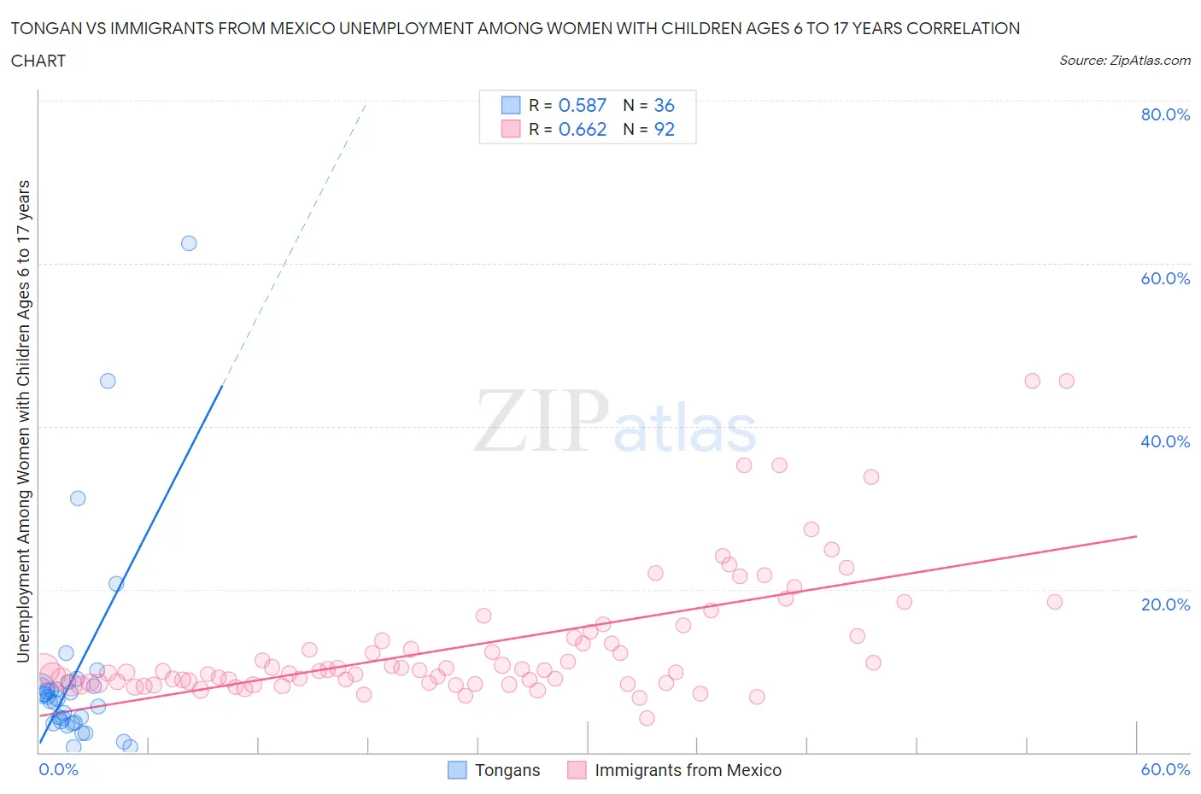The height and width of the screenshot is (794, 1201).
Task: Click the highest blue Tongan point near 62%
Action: [189, 243]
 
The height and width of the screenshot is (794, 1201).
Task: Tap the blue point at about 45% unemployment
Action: [108, 381]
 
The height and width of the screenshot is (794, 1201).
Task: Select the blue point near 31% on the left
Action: [78, 499]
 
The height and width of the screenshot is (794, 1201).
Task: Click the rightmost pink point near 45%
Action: [1066, 381]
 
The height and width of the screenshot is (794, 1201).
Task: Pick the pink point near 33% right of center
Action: [871, 477]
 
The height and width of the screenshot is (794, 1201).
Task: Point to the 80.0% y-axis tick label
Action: [1165, 115]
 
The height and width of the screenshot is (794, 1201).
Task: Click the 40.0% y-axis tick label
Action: [1165, 441]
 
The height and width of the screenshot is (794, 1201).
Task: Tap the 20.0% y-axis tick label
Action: [1165, 604]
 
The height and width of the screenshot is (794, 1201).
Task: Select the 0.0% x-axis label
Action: [58, 769]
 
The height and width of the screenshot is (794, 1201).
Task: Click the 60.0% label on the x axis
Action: [1165, 769]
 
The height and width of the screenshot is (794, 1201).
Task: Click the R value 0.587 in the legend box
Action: [582, 105]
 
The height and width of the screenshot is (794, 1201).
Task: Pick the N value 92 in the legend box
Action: [664, 129]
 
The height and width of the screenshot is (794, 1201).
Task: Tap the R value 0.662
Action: [582, 129]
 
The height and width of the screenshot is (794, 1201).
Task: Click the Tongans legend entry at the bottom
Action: [507, 770]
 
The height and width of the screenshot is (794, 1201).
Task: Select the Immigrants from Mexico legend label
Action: [688, 770]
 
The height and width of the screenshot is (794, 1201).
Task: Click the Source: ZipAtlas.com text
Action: [1124, 61]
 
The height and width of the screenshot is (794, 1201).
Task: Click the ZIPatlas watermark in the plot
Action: [615, 423]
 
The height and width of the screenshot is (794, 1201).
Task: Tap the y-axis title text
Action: [23, 421]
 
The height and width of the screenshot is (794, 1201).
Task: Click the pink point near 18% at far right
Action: [1054, 602]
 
